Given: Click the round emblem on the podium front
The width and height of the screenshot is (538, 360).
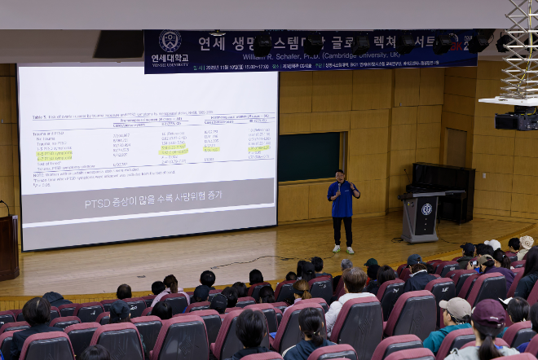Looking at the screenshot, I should (426, 209).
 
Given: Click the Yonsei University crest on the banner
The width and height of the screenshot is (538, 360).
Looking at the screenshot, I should (170, 42).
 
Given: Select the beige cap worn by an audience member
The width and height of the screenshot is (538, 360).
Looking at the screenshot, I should (456, 308).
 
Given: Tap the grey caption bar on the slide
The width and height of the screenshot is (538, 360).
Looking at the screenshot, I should (147, 203).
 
